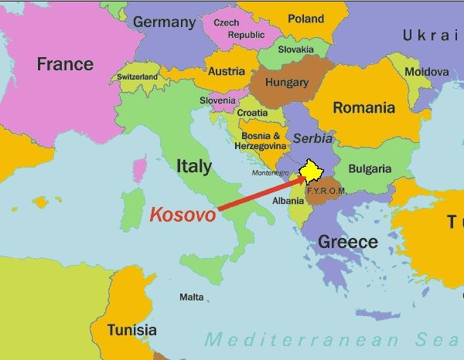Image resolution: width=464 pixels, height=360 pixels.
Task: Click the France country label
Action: click(x=65, y=64)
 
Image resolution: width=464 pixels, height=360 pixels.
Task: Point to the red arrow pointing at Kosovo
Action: click(x=259, y=194)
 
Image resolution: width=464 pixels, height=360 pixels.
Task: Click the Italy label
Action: click(x=194, y=165)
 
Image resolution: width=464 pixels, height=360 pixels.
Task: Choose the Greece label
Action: click(x=348, y=242)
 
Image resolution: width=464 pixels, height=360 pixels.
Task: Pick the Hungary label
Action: click(x=286, y=83)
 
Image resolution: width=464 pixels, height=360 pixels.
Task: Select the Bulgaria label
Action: click(x=370, y=169)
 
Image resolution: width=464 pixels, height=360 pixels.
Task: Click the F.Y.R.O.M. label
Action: click(x=326, y=190)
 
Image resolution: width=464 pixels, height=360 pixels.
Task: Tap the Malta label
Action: click(x=192, y=297)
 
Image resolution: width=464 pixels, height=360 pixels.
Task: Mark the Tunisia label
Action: click(x=131, y=330)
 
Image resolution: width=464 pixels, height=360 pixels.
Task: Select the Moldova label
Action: click(x=427, y=72)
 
